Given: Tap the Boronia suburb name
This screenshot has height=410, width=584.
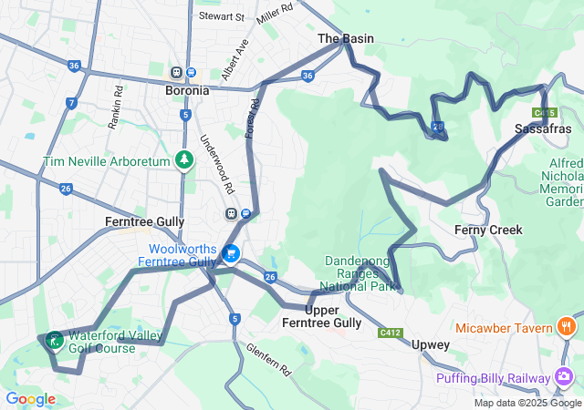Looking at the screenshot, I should tap(187, 90).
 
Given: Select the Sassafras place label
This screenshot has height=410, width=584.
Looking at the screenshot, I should tap(542, 128).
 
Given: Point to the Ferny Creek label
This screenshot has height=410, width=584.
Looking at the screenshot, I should tap(488, 230).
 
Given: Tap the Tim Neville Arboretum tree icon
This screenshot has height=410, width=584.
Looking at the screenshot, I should tap(184, 160).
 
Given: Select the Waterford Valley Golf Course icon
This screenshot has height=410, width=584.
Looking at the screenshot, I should tap(54, 341).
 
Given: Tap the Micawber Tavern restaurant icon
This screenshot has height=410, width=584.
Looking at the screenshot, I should tap(566, 327).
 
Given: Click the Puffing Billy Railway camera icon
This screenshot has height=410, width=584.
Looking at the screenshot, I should tap(564, 377).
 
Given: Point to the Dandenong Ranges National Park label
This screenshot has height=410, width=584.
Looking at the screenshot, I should tap(362, 273).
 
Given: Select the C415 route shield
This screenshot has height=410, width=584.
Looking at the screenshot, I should tap(545, 113).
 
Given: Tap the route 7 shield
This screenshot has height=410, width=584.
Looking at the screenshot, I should tap(71, 104).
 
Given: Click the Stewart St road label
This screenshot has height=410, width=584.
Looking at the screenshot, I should tap(223, 16).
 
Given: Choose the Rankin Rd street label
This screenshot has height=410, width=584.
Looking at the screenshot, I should tap(117, 108).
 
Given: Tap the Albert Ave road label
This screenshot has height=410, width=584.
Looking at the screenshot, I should tap(235, 59).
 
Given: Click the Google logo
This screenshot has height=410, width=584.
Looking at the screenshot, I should tap(30, 399).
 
